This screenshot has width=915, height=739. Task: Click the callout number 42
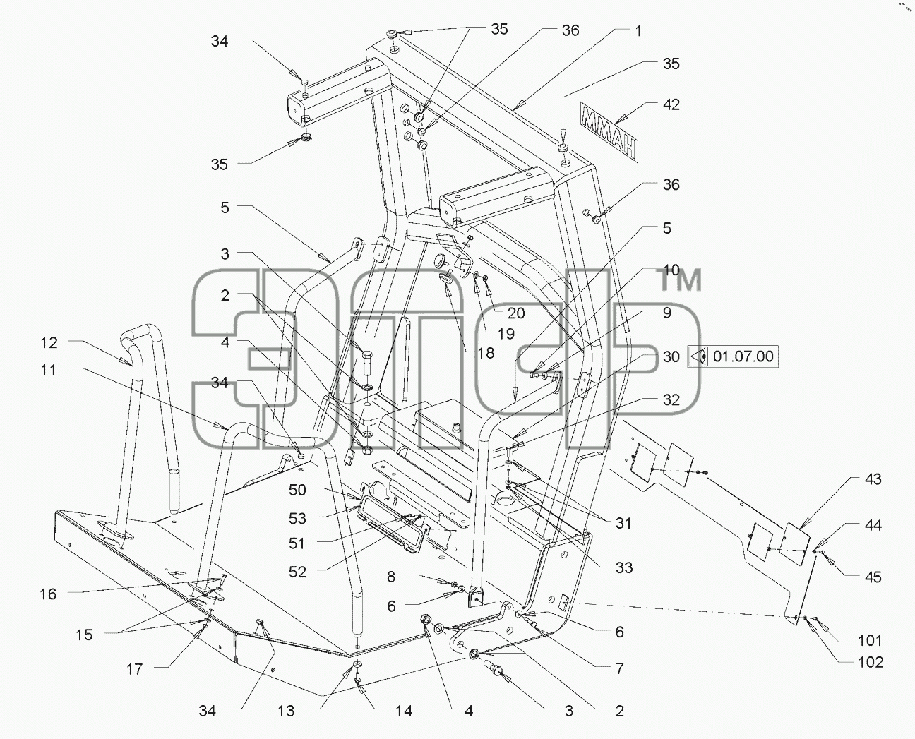pyautogui.click(x=671, y=104)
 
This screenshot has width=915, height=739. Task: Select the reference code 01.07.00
pyautogui.click(x=743, y=356)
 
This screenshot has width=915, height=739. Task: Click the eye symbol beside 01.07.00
pyautogui.click(x=699, y=356)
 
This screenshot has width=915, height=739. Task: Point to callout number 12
pyautogui.click(x=49, y=342)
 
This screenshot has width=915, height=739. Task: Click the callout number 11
pyautogui.click(x=48, y=370)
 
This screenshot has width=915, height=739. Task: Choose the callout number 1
pyautogui.click(x=638, y=31)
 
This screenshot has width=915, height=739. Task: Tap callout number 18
pyautogui.click(x=486, y=353)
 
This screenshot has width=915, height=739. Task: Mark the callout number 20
pyautogui.click(x=516, y=313)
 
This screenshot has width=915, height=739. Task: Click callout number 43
pyautogui.click(x=873, y=479)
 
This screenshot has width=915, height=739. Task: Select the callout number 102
pyautogui.click(x=871, y=662)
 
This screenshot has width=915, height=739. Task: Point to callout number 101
pyautogui.click(x=870, y=641)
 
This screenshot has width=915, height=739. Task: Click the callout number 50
pyautogui.click(x=297, y=490)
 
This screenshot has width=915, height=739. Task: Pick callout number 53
pyautogui.click(x=297, y=518)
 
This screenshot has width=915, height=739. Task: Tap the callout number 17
pyautogui.click(x=134, y=669)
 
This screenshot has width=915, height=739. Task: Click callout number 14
pyautogui.click(x=404, y=711)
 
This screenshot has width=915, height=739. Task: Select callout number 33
pyautogui.click(x=624, y=567)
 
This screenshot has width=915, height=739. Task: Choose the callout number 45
pyautogui.click(x=873, y=577)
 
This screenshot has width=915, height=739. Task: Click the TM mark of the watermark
pyautogui.click(x=681, y=280)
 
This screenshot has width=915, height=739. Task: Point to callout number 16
pyautogui.click(x=48, y=594)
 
